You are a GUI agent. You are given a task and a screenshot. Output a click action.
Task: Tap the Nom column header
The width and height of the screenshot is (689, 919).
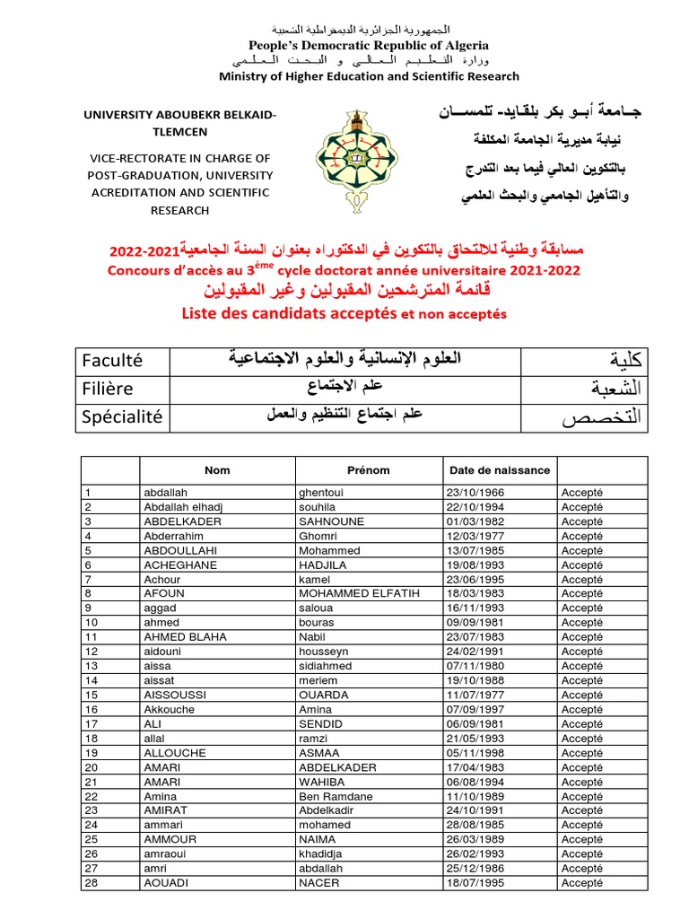[x=217, y=470]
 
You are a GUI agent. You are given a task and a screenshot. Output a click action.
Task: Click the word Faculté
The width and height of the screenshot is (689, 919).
[x=112, y=362]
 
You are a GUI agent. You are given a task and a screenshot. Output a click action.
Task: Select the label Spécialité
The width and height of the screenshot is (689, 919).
[x=122, y=416]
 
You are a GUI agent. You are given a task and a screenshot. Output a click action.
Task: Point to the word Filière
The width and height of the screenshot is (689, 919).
[x=107, y=389]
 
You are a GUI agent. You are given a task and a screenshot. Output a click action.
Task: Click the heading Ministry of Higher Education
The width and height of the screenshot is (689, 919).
[x=357, y=76]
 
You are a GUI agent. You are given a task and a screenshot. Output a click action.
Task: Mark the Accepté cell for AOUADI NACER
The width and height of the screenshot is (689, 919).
[x=581, y=883]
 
